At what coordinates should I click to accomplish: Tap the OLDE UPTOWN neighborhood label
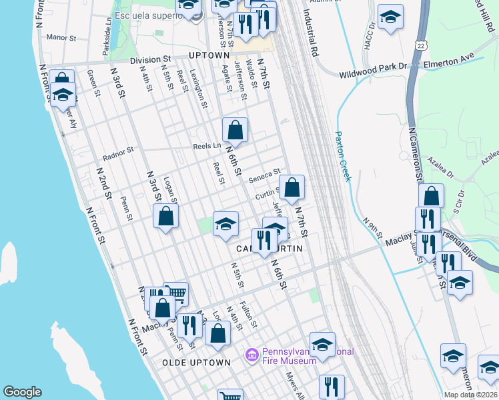tap(196, 362)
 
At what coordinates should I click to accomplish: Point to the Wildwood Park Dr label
tap(373, 66)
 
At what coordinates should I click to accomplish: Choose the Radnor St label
tap(118, 154)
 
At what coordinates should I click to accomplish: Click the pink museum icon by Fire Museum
tap(252, 356)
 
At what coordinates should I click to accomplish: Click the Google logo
tap(23, 392)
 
